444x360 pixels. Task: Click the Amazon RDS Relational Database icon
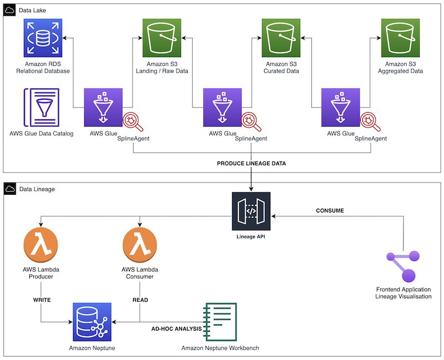[43, 38]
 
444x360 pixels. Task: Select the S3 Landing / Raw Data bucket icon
[162, 38]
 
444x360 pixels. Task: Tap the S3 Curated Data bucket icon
[281, 38]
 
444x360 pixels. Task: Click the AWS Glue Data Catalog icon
[42, 108]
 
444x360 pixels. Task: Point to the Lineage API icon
[251, 211]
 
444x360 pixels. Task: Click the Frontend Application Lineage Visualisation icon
[403, 268]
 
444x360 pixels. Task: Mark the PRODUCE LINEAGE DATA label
[251, 164]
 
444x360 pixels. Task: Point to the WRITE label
[42, 300]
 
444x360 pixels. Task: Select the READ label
[140, 300]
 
